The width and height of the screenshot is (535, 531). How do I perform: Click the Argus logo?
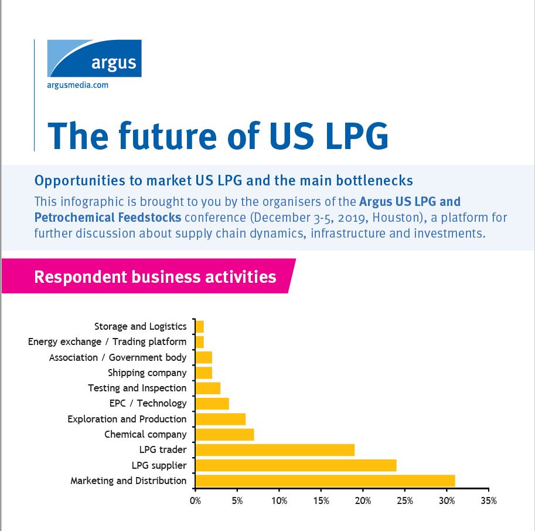(x=94, y=59)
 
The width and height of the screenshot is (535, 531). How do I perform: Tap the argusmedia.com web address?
(x=77, y=85)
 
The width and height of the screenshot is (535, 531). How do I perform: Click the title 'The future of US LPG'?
(x=217, y=134)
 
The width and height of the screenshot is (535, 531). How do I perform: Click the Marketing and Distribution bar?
(x=325, y=481)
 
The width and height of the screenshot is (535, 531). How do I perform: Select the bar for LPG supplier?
(x=295, y=465)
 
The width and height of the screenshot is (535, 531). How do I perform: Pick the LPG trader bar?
(x=275, y=450)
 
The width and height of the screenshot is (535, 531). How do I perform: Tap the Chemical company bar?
(x=224, y=434)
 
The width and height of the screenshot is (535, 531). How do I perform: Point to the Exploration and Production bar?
(x=220, y=419)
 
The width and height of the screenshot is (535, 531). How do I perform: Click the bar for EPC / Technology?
(x=212, y=403)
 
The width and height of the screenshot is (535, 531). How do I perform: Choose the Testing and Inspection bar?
(x=207, y=388)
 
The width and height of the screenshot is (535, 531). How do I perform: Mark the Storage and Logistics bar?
(x=200, y=326)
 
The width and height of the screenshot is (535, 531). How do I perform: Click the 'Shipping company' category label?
(x=147, y=373)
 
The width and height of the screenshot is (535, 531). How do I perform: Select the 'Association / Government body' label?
(x=118, y=357)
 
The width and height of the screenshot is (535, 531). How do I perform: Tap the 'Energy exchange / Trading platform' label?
(x=107, y=341)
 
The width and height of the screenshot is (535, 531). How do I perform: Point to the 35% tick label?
(x=488, y=501)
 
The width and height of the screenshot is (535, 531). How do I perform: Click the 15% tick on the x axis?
(x=321, y=501)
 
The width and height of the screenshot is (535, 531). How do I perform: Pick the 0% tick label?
(x=195, y=501)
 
